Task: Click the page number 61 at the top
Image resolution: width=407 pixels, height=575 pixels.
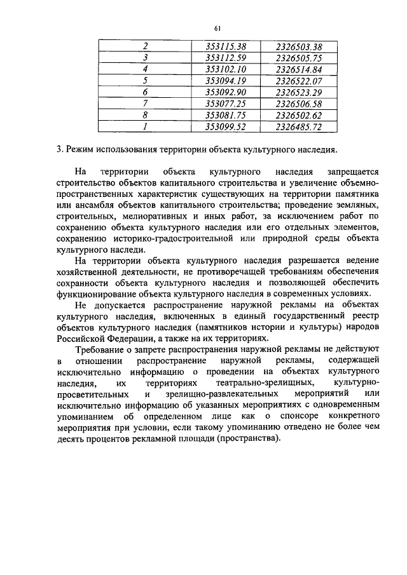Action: (x=217, y=28)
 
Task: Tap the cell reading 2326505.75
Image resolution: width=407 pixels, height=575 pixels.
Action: (x=298, y=58)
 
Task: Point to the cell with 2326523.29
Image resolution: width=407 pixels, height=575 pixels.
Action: (x=298, y=92)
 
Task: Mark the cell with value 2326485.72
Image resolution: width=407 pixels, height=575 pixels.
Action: (x=298, y=126)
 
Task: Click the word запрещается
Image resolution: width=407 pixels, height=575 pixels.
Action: (x=352, y=172)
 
